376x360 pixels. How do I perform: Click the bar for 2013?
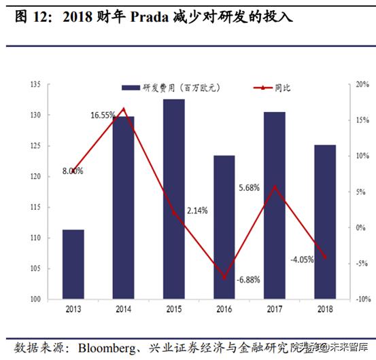point(73,264)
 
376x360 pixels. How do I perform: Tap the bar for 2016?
point(224,227)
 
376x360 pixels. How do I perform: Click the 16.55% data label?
point(103,115)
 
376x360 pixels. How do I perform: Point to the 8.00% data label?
point(72,171)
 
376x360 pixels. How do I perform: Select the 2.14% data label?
point(196,210)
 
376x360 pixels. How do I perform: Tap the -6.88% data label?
point(248,280)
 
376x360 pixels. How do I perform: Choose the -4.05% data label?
point(301,259)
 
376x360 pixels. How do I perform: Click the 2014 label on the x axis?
point(123,310)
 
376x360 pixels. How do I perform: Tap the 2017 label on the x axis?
point(274,310)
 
